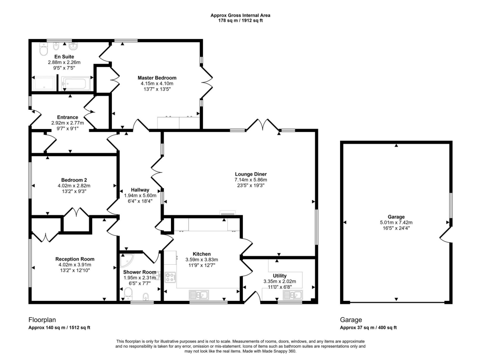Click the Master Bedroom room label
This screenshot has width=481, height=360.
[157, 78]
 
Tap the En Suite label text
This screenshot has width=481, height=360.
[64, 57]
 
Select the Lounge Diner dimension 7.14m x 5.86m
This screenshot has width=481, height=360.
[251, 180]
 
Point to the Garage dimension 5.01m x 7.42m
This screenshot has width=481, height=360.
[396, 222]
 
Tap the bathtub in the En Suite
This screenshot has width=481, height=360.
[76, 83]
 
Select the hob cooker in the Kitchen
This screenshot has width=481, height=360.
[170, 277]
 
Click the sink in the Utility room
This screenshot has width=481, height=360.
[293, 295]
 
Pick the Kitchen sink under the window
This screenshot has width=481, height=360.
[199, 295]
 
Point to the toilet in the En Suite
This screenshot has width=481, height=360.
[44, 49]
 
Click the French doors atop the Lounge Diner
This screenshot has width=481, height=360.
[263, 125]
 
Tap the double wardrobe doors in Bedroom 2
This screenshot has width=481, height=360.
[76, 212]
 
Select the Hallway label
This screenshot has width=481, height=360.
[140, 190]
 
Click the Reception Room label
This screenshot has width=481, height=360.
[75, 259]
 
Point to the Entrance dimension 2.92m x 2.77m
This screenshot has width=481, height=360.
[68, 123]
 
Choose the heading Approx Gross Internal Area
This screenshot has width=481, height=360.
[240, 15]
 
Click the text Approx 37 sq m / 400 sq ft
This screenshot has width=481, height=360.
[368, 328]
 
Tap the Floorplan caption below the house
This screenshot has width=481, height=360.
[42, 320]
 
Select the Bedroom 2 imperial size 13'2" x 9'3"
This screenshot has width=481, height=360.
[74, 191]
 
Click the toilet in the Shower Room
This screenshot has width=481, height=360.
[128, 293]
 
